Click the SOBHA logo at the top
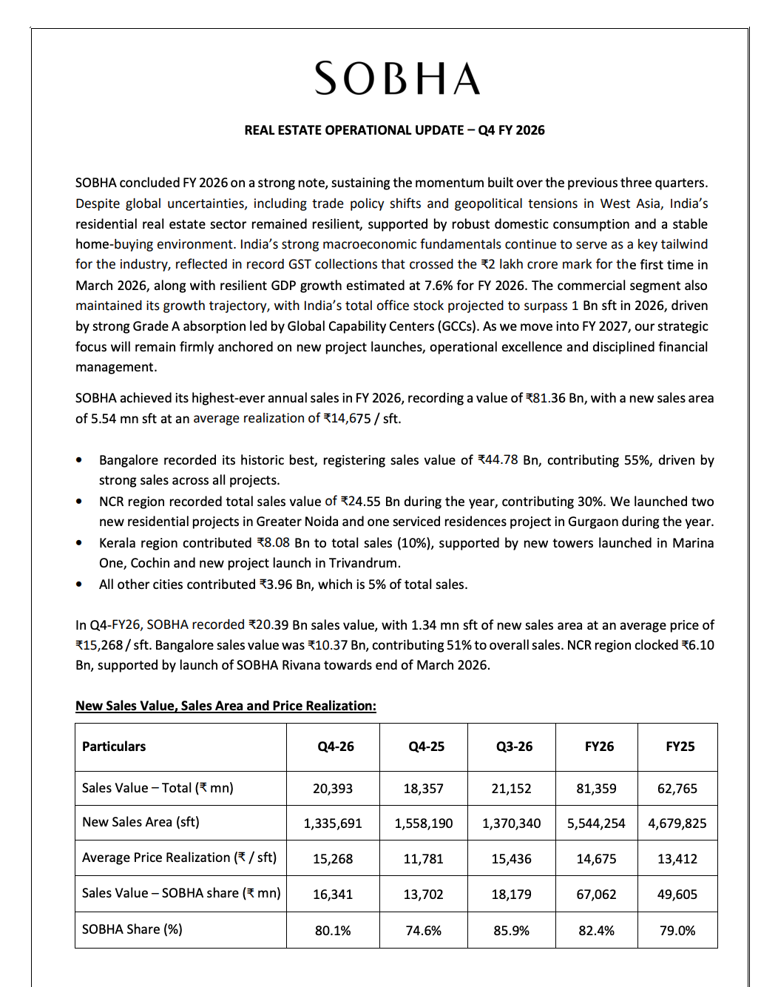point(397,78)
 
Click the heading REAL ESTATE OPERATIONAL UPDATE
point(394,130)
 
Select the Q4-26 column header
point(336,747)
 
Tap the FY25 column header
point(680,747)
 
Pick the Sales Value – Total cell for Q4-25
point(423,789)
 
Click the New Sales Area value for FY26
point(596,823)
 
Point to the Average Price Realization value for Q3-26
point(511,859)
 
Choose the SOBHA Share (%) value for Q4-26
point(333,931)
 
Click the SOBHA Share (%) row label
point(132,929)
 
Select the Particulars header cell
point(114,747)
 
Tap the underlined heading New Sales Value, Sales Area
point(226,706)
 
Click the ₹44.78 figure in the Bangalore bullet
point(498,460)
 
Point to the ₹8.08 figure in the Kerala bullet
point(274,543)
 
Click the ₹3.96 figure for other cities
point(276,585)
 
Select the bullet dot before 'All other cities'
point(79,585)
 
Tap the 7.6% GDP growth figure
point(443,286)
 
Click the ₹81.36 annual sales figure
point(546,398)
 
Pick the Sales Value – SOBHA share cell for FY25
point(677,895)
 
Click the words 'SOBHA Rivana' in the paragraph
point(275,665)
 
